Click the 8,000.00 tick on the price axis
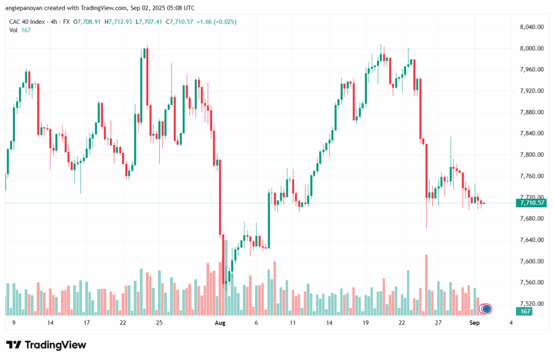531,48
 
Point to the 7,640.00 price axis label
531,240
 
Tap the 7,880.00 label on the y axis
531,112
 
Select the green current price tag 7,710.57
531,203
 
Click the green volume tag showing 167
524,311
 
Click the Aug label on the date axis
220,323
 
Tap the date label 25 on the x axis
159,323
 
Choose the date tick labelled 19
366,323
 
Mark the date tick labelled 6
256,323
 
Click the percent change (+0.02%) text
222,22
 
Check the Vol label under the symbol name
14,30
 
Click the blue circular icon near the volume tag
486,309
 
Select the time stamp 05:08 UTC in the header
180,8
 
